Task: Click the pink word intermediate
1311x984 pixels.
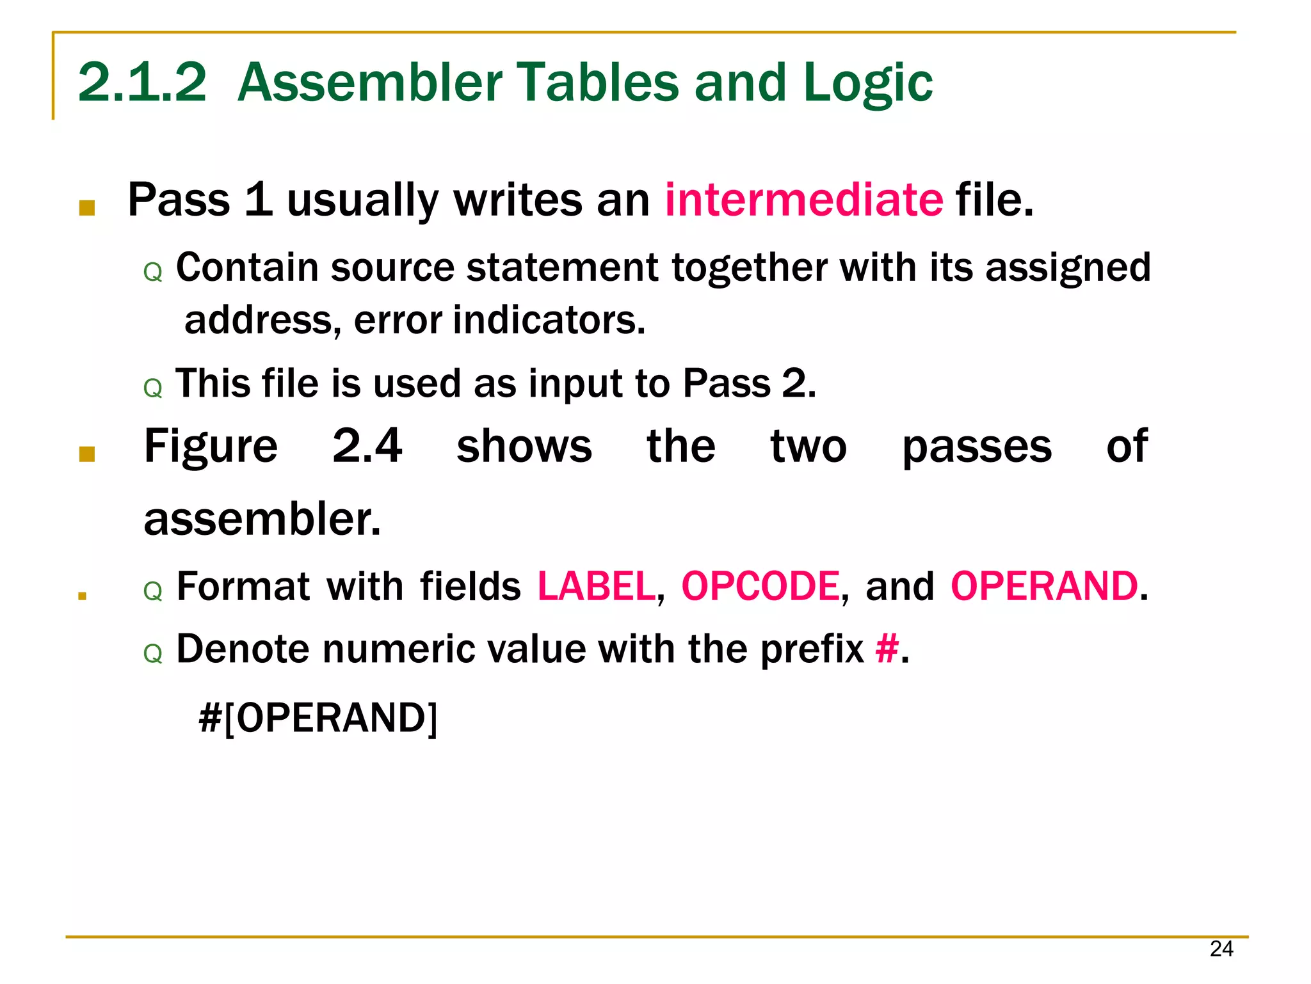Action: (803, 200)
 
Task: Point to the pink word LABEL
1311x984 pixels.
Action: (596, 586)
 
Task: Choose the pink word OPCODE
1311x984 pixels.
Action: (760, 586)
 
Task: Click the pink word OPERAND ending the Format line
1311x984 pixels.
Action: (1044, 586)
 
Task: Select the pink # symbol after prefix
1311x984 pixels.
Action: (887, 649)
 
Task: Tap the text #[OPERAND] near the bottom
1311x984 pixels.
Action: (318, 718)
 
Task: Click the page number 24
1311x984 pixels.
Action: (1221, 949)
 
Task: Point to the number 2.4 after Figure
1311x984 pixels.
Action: (367, 446)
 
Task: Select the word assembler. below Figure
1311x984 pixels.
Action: (262, 519)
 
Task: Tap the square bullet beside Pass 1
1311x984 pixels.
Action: (87, 208)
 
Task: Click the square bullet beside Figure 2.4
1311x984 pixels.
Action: (87, 454)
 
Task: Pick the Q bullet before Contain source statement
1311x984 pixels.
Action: (153, 273)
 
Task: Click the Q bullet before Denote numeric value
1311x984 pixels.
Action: (153, 655)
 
